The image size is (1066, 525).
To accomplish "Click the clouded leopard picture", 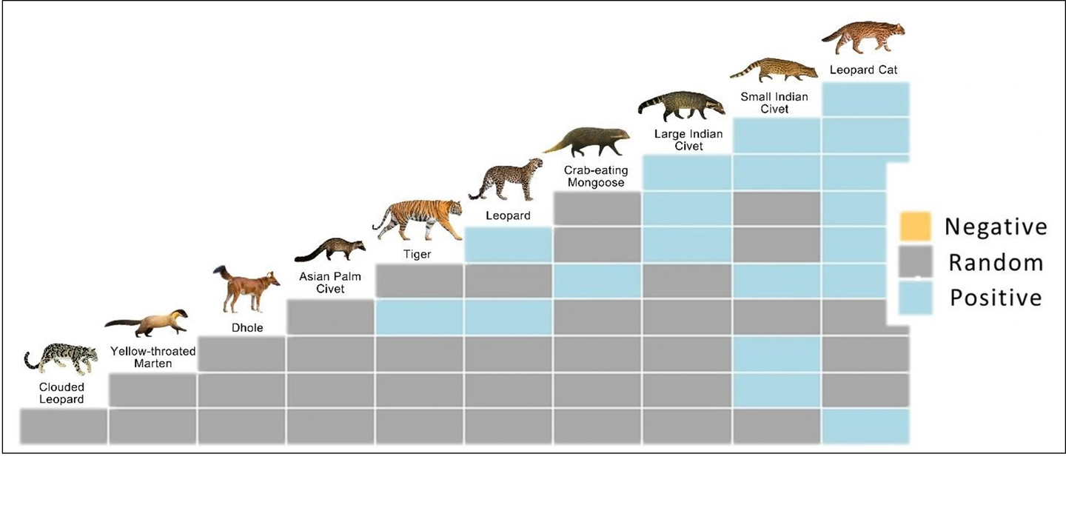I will pyautogui.click(x=61, y=360).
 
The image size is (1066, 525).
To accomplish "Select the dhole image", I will pyautogui.click(x=247, y=290).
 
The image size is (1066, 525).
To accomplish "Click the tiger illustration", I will pyautogui.click(x=418, y=220).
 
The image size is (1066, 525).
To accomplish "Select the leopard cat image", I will pyautogui.click(x=863, y=37).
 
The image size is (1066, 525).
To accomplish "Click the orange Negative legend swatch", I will pyautogui.click(x=916, y=227).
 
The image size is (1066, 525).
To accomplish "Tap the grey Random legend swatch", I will pyautogui.click(x=916, y=263).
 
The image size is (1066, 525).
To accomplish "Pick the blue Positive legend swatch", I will pyautogui.click(x=916, y=298).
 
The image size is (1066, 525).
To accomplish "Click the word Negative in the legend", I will pyautogui.click(x=996, y=227).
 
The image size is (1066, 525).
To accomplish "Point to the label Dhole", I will pyautogui.click(x=247, y=327).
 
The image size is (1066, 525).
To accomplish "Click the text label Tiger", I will pyautogui.click(x=417, y=254).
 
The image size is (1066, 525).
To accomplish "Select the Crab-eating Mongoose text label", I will pyautogui.click(x=595, y=176).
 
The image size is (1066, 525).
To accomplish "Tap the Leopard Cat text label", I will pyautogui.click(x=863, y=70).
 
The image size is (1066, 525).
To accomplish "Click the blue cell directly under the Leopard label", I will pyautogui.click(x=509, y=244).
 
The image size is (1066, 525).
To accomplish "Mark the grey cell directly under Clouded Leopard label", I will pyautogui.click(x=64, y=426).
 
